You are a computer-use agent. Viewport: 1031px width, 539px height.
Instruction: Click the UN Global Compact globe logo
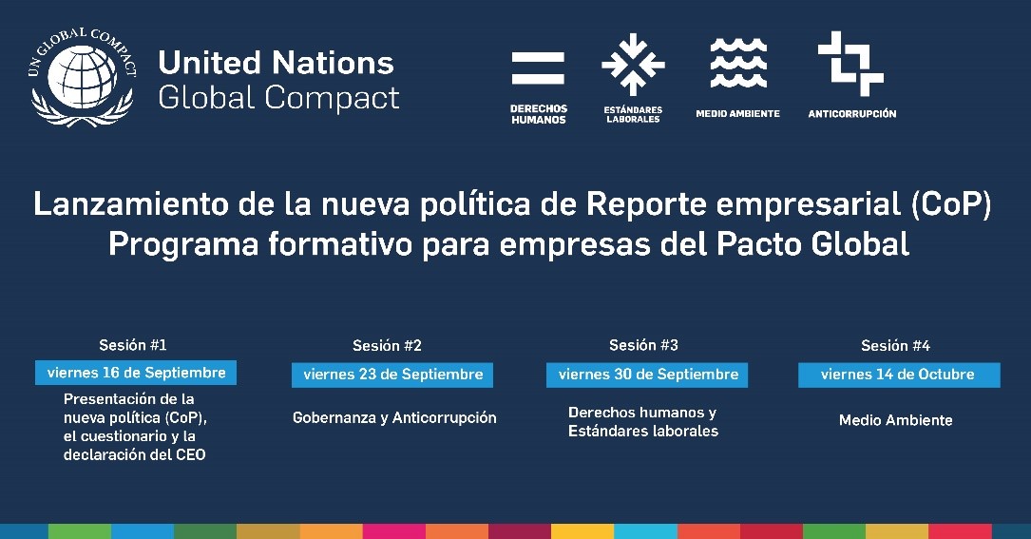[82, 77]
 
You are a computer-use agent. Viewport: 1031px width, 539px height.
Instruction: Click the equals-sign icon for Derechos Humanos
[538, 67]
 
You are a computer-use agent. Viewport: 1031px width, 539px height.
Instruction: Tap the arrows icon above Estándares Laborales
[633, 65]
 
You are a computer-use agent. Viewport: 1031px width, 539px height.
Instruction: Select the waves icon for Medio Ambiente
[738, 63]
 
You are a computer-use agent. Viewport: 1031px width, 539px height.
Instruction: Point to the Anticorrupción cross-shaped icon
[850, 63]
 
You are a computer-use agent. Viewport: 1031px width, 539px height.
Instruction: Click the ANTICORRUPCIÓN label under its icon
[852, 114]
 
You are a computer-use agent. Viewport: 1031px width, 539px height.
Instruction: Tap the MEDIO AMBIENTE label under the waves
[737, 114]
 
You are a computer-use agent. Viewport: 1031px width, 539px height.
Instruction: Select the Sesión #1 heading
[133, 345]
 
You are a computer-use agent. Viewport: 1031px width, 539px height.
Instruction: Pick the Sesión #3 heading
[643, 345]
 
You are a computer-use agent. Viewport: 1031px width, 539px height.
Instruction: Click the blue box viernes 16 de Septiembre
[136, 373]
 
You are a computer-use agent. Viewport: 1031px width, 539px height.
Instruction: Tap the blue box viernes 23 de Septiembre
[392, 375]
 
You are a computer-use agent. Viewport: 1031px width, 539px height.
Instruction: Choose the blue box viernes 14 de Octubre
[899, 375]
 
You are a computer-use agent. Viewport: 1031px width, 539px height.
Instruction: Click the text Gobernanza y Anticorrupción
[394, 418]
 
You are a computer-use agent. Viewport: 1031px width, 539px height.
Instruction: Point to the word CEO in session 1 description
[191, 454]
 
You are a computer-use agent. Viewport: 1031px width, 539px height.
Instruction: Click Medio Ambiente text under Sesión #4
[895, 420]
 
